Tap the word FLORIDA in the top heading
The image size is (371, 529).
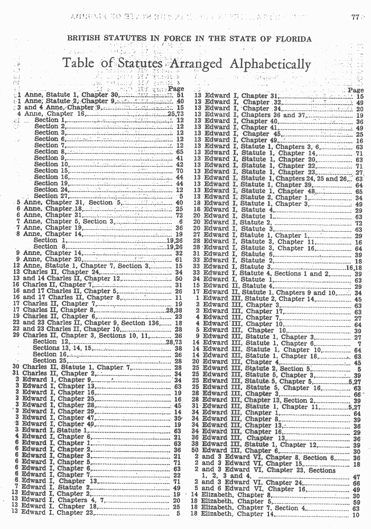292,39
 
